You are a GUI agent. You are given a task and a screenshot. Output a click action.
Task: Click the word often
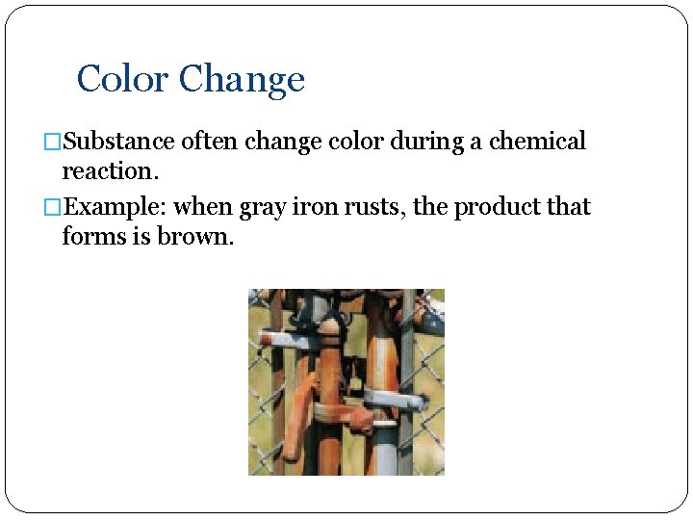[209, 142]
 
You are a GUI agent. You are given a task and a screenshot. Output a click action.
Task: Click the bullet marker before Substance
[54, 143]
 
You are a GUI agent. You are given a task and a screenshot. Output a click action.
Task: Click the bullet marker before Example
[54, 208]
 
